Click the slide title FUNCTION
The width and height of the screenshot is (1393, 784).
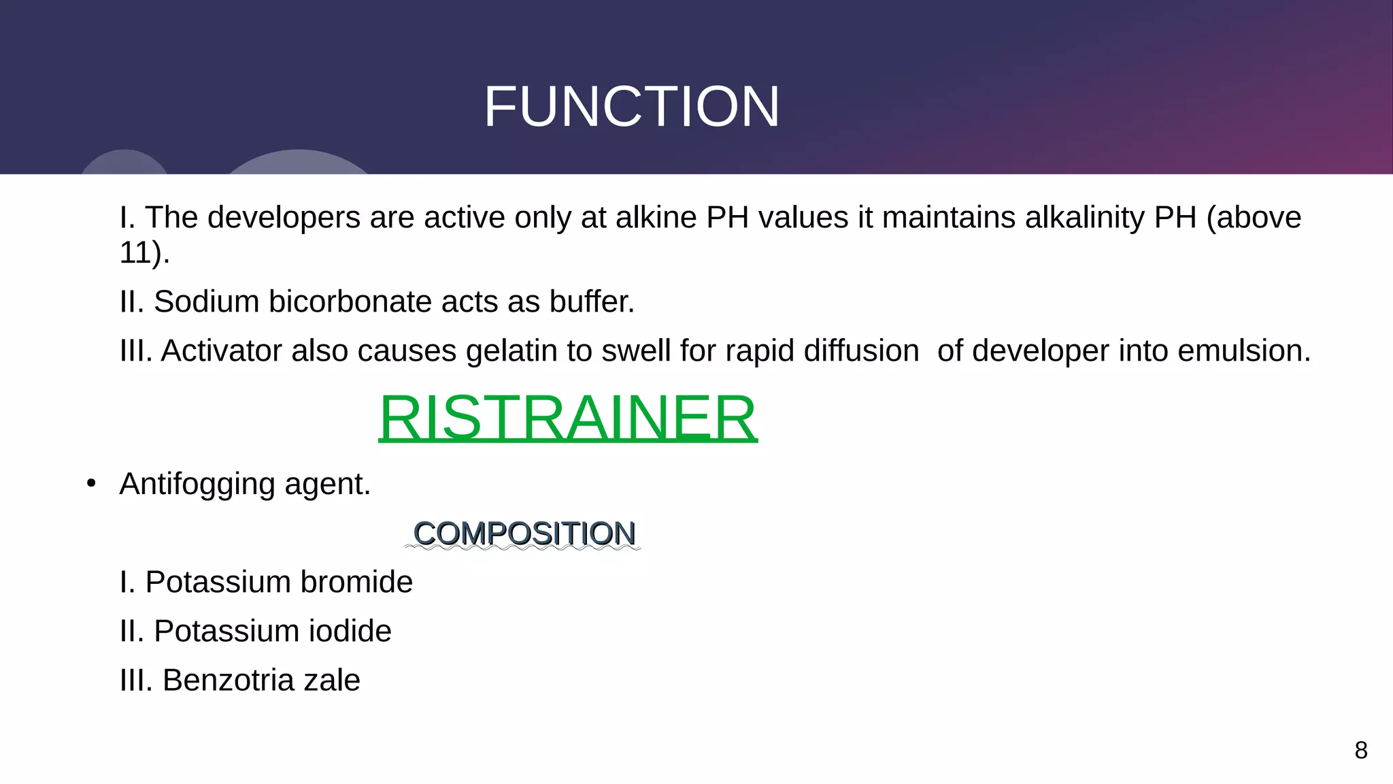coord(631,107)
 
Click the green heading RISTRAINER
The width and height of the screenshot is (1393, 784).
coord(567,417)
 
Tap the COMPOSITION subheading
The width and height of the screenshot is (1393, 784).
coord(524,533)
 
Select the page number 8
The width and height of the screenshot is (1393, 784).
coord(1360,750)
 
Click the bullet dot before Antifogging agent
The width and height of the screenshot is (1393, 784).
coord(91,484)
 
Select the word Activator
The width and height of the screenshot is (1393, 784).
coord(221,351)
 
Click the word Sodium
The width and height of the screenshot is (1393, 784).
coord(206,301)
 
